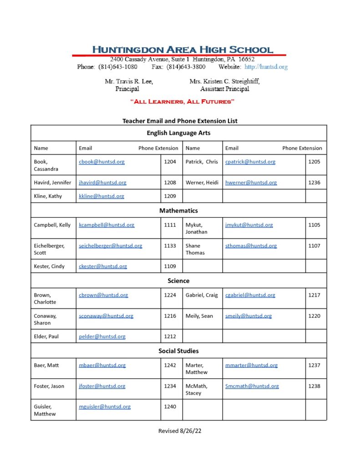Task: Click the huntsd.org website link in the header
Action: coord(266,67)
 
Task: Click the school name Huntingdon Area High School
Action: coord(183,50)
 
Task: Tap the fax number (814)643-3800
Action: coord(186,67)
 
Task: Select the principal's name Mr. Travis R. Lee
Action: coord(129,81)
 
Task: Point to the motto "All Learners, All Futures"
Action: coord(182,101)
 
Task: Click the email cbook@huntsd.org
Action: coord(101,162)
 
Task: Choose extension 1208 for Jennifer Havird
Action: coord(170,182)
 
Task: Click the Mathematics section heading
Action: coord(178,211)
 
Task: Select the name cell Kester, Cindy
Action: coord(49,266)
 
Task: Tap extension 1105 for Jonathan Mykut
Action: coord(314,225)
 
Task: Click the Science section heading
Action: coord(178,281)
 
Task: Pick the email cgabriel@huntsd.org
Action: coord(250,295)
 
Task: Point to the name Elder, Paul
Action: coord(46,337)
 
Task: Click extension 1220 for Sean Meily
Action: coord(314,316)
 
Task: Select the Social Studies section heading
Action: coord(178,351)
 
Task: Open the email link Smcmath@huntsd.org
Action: coord(252,386)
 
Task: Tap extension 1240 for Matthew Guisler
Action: coord(170,407)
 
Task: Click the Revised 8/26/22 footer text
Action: coord(180,431)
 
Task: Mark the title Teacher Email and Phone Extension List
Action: coord(180,121)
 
